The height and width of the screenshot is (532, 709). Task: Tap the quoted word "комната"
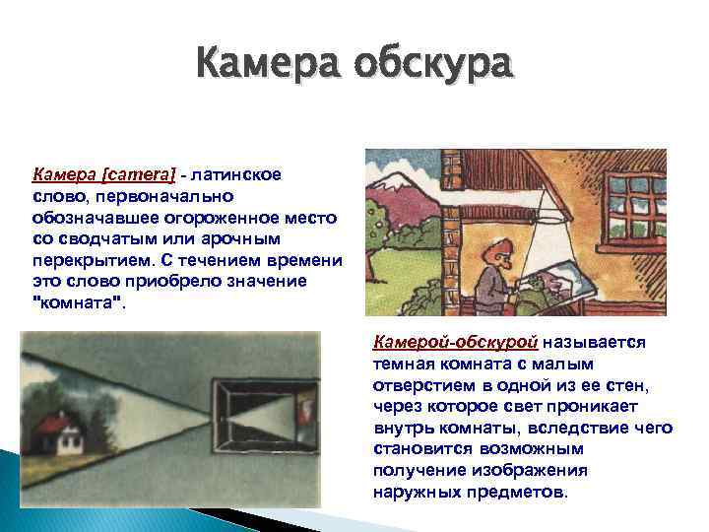pyautogui.click(x=79, y=303)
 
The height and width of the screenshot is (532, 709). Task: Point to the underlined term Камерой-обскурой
pyautogui.click(x=455, y=343)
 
